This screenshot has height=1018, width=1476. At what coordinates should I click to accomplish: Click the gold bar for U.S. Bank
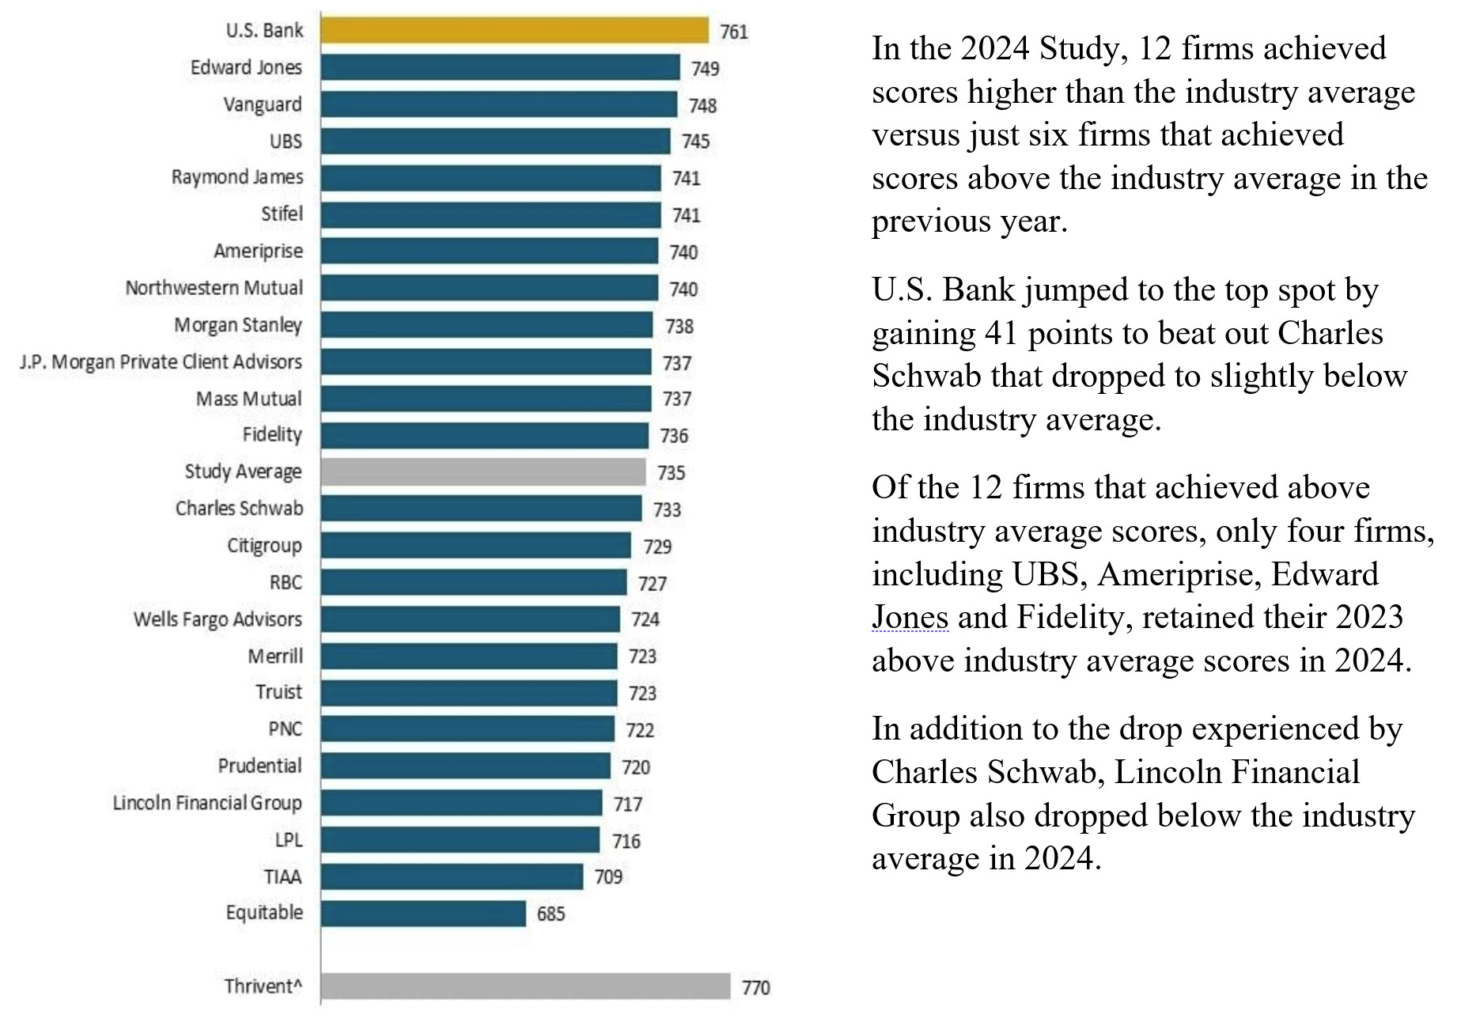point(514,31)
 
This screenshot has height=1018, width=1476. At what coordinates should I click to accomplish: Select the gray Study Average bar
point(483,472)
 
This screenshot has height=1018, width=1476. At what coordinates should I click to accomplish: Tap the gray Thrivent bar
point(525,986)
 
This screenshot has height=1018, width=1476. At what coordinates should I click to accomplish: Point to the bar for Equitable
point(423,914)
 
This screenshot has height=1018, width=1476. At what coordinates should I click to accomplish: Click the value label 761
point(733,32)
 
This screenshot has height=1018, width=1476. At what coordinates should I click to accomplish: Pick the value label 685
point(551,914)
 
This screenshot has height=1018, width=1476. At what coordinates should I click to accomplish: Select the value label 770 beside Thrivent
point(755,987)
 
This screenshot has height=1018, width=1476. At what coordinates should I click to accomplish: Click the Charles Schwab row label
point(239,509)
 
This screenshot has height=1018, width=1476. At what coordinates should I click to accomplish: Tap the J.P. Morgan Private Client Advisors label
point(161,362)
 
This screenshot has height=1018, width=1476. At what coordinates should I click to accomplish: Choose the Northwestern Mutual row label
point(214,288)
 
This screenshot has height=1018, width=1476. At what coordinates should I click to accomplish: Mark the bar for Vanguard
point(499,104)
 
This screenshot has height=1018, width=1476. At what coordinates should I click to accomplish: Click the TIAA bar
point(452,876)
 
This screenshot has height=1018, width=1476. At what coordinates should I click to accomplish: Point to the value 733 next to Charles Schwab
point(667,510)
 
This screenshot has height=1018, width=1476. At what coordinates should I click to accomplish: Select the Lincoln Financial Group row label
point(207,803)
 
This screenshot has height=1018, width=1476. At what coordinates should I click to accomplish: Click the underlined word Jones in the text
point(910,618)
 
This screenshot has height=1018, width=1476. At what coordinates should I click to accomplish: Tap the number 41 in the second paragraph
point(1001,334)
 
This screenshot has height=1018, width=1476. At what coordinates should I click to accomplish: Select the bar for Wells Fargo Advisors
point(470,619)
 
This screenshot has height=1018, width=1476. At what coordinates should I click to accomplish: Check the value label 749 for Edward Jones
point(705,69)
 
